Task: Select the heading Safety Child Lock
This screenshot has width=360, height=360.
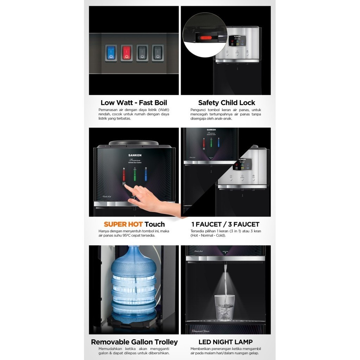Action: pos(226,103)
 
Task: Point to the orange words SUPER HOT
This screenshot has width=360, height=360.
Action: pos(123,224)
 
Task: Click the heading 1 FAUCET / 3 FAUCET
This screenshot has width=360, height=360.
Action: pos(225,224)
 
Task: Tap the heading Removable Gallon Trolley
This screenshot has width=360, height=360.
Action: pos(134,342)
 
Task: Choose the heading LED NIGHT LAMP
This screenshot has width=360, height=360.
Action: pos(225,342)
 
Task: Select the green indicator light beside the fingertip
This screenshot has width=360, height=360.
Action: pos(135,174)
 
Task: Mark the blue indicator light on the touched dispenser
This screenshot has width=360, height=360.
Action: pos(146,174)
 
